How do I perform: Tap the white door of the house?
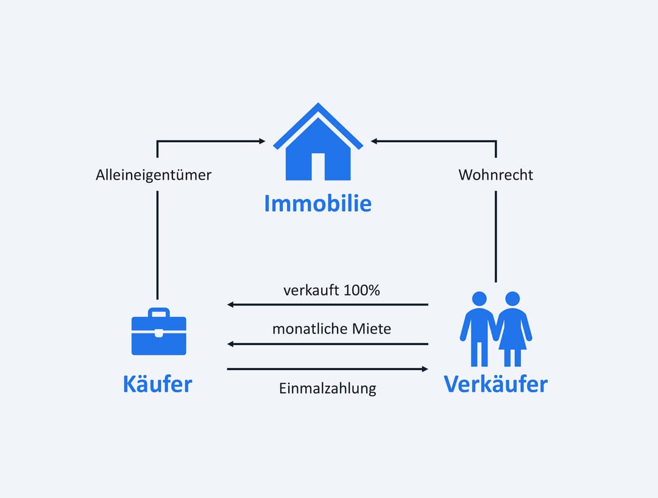[x=318, y=166]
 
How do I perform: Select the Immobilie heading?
[x=317, y=204]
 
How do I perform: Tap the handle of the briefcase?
[x=158, y=313]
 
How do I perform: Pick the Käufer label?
[x=157, y=384]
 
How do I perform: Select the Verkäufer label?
[x=495, y=384]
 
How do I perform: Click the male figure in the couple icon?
[x=479, y=329]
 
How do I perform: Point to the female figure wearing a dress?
[x=512, y=329]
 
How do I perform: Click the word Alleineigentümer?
[x=154, y=175]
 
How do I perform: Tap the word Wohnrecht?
[x=495, y=175]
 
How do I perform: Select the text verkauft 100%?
[x=331, y=290]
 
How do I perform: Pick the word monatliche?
[x=310, y=329]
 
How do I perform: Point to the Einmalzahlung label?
[x=328, y=388]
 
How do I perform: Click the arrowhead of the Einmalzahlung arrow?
[x=425, y=369]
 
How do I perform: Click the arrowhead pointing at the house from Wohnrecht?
[x=375, y=141]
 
